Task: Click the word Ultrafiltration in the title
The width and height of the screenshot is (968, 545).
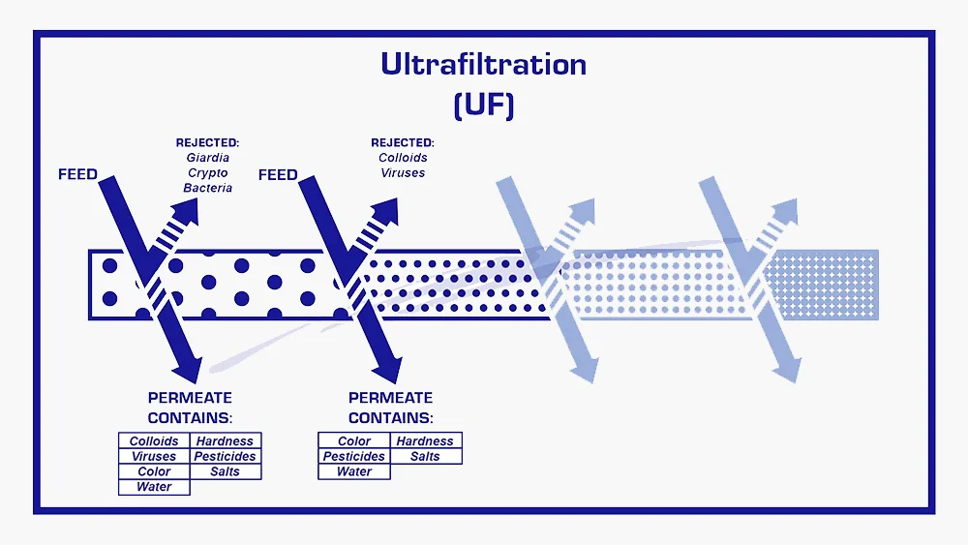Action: pyautogui.click(x=483, y=65)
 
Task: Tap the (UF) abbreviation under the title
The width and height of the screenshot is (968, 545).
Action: pyautogui.click(x=483, y=104)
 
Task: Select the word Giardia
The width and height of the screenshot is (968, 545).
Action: pyautogui.click(x=208, y=157)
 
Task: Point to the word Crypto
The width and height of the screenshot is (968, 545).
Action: pyautogui.click(x=208, y=172)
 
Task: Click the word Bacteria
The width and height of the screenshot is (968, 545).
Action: pyautogui.click(x=208, y=188)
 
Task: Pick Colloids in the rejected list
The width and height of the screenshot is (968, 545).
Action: pyautogui.click(x=403, y=158)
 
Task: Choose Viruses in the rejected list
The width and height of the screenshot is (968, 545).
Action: pyautogui.click(x=403, y=173)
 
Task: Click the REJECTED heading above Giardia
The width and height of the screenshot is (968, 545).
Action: pyautogui.click(x=207, y=142)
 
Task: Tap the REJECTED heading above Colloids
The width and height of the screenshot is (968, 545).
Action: pyautogui.click(x=403, y=142)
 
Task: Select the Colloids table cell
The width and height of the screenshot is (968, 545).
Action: pyautogui.click(x=154, y=441)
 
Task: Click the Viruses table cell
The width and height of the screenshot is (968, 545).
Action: pyautogui.click(x=154, y=457)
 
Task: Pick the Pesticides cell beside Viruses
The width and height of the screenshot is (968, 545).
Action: pyautogui.click(x=225, y=457)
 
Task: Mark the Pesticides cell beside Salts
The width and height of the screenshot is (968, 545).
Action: pyautogui.click(x=354, y=457)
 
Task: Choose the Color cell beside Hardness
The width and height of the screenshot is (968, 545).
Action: pyautogui.click(x=354, y=441)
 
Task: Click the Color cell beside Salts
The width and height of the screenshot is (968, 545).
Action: pyautogui.click(x=154, y=472)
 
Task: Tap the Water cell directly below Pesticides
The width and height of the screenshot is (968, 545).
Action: pyautogui.click(x=354, y=472)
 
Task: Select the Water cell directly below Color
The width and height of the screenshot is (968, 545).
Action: pyautogui.click(x=154, y=488)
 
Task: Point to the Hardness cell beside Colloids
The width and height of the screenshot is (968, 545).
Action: pyautogui.click(x=225, y=441)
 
